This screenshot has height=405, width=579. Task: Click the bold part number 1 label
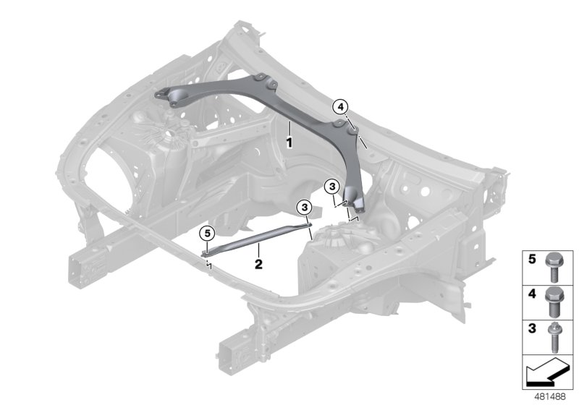tap(288, 142)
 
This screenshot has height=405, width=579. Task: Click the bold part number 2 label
tap(258, 263)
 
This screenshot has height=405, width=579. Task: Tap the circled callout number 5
tap(207, 233)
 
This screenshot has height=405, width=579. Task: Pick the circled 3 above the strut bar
tap(305, 208)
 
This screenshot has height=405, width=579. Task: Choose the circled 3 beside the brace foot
tap(331, 187)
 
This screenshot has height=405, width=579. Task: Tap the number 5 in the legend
tap(531, 258)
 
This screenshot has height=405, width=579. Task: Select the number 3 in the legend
tap(531, 329)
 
